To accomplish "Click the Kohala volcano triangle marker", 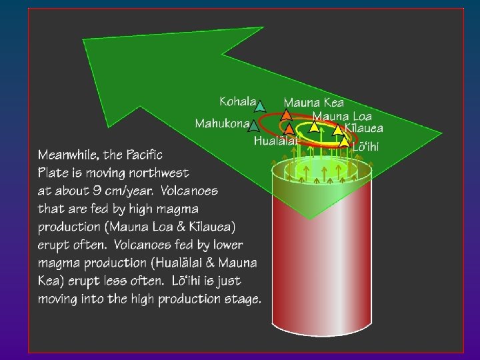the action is [261, 105].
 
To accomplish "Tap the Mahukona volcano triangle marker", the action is [253, 125].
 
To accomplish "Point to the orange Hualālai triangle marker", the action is [289, 129].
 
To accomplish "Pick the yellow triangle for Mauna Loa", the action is [314, 127].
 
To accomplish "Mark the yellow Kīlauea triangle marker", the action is [338, 129].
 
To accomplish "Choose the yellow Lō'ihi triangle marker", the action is [344, 142].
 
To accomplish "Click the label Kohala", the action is [237, 101].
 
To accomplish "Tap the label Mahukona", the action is [221, 123].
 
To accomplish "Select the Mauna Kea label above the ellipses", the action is [314, 103].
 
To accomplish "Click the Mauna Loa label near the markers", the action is [342, 116].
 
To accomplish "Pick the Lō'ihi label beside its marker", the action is [365, 146].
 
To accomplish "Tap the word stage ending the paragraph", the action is [240, 299].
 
